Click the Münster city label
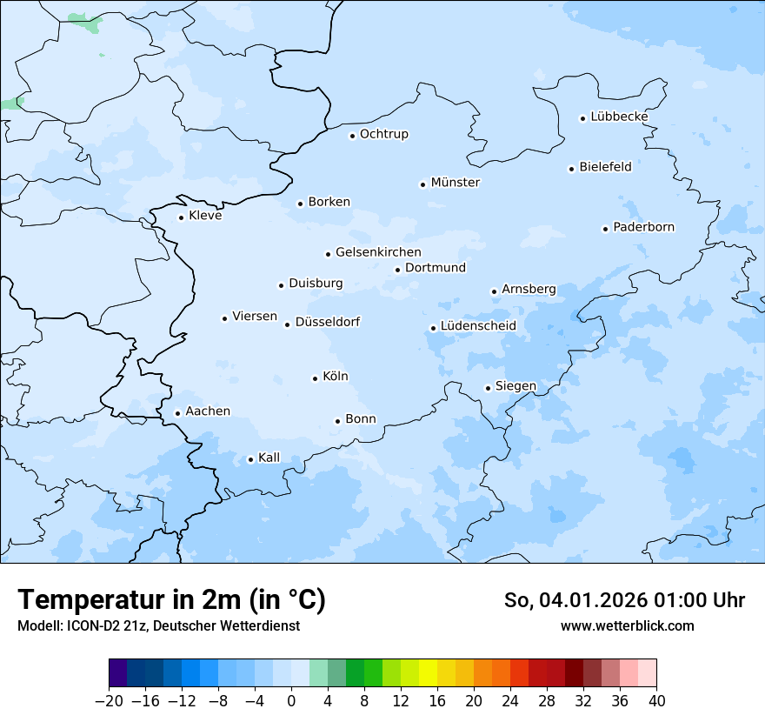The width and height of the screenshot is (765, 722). tap(455, 183)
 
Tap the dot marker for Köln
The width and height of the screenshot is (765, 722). tap(315, 378)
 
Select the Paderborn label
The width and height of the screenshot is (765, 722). tap(643, 227)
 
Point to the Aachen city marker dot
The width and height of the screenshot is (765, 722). tap(177, 414)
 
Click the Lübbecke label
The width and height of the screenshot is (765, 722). tap(619, 117)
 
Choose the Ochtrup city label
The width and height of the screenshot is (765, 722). tap(383, 134)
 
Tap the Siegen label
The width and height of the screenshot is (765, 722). tap(516, 386)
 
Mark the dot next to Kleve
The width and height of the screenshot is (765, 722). tap(181, 217)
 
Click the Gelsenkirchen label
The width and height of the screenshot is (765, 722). tap(378, 252)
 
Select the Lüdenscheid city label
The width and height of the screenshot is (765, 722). tap(478, 326)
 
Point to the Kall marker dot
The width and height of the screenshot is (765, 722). tap(250, 459)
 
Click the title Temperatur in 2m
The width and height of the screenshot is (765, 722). tap(171, 600)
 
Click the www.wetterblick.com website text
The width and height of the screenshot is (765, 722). tap(627, 625)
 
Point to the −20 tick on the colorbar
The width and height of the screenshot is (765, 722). tap(110, 701)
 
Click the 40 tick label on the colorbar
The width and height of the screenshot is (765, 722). tap(656, 701)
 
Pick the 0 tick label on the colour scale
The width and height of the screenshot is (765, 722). tap(291, 701)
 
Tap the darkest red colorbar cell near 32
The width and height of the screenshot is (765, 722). tap(574, 673)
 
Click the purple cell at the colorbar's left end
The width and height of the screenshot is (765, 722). tap(118, 673)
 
